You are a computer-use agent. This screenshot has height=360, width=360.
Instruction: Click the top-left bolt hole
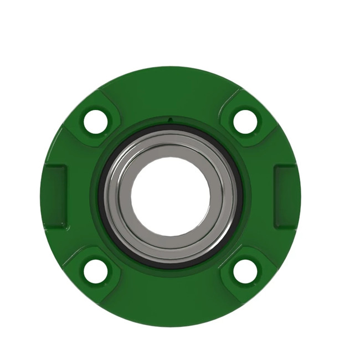pyautogui.click(x=95, y=121)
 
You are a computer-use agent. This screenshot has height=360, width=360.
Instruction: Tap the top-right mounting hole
pyautogui.click(x=245, y=121)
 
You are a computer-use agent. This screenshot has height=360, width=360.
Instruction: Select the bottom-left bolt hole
pyautogui.click(x=95, y=271)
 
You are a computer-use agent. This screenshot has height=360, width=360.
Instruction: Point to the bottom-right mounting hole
pyautogui.click(x=245, y=271)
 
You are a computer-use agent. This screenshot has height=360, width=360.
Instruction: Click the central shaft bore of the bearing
pyautogui.click(x=171, y=197)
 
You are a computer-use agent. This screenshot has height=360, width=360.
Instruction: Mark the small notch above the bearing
pyautogui.click(x=171, y=119)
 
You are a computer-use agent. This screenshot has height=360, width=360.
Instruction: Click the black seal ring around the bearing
pyautogui.click(x=171, y=128)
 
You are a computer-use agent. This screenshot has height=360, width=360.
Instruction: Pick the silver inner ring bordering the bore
pyautogui.click(x=171, y=156)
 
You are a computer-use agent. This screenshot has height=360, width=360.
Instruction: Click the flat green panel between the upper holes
pyautogui.click(x=171, y=91)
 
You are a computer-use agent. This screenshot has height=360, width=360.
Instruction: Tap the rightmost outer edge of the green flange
pyautogui.click(x=299, y=196)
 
